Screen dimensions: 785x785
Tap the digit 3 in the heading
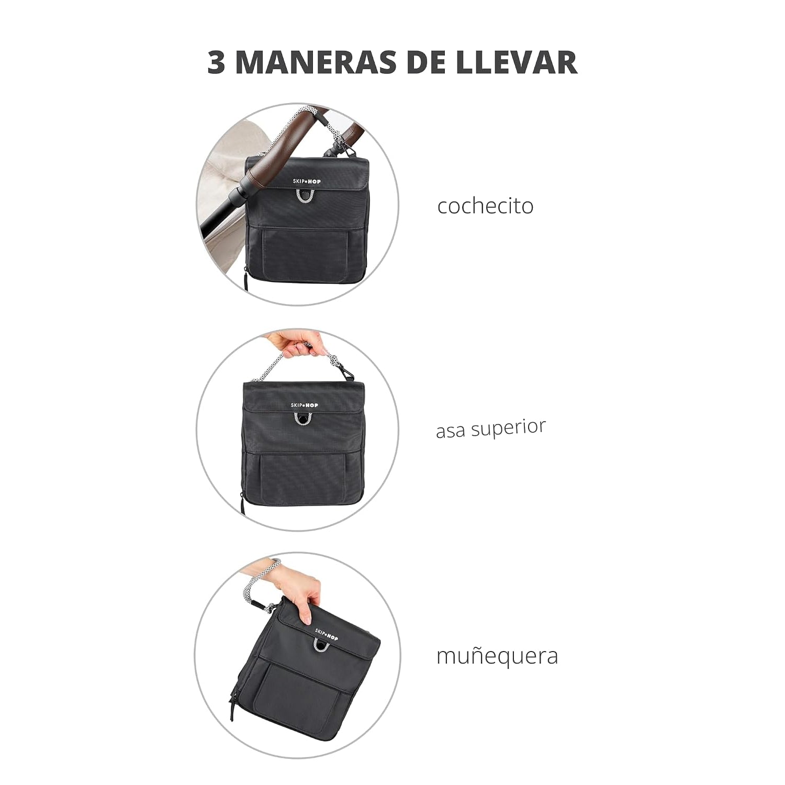(216, 62)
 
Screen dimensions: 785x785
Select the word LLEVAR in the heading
(517, 62)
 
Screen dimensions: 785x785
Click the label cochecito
(485, 206)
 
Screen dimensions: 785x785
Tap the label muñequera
(497, 656)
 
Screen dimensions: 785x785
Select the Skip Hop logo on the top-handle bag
(305, 405)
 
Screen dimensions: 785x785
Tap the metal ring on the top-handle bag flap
(304, 419)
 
